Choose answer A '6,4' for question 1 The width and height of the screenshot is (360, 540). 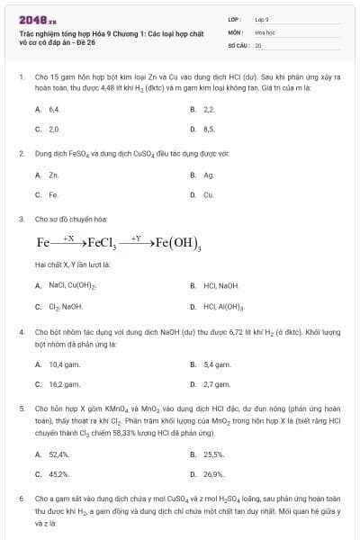click(x=54, y=108)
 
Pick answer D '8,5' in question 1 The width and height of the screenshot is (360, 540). click(x=209, y=129)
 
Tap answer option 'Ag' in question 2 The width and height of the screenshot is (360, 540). click(x=209, y=175)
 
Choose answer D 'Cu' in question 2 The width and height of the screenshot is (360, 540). click(x=209, y=194)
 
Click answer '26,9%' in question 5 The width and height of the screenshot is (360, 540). click(x=214, y=473)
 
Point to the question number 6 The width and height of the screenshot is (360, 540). click(x=21, y=497)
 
